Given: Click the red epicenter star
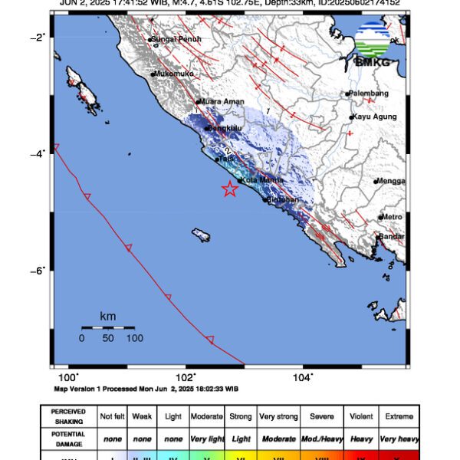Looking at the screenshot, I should (230, 189).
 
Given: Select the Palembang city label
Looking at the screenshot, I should (369, 94).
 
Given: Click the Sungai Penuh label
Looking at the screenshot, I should (172, 38).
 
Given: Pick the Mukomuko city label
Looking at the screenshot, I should (174, 74).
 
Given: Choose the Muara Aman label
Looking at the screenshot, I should (219, 100).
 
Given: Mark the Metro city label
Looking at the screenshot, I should (393, 217).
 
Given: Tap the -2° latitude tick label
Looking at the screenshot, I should (38, 38).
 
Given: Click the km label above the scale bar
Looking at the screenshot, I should (108, 316).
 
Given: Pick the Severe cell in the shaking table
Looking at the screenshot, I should (321, 416).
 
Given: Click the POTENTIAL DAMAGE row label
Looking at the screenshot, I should (68, 439).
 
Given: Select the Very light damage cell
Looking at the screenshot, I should (208, 439).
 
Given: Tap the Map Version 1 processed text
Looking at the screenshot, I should (146, 389).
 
